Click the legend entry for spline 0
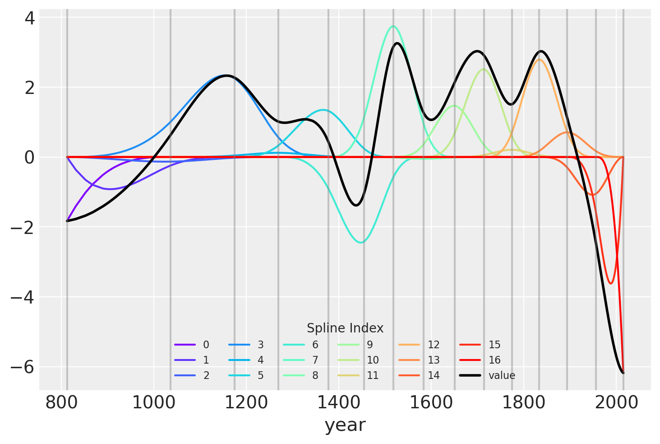point(192,345)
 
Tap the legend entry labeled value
point(487,376)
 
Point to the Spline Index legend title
point(345,328)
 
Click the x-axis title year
point(345,425)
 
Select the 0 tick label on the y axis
point(30,157)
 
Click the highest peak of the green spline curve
point(393,26)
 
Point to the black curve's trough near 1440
point(356,206)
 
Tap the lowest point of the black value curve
point(623,373)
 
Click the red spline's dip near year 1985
point(611,283)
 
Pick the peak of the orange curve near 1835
point(539,60)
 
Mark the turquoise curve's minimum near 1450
point(360,243)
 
